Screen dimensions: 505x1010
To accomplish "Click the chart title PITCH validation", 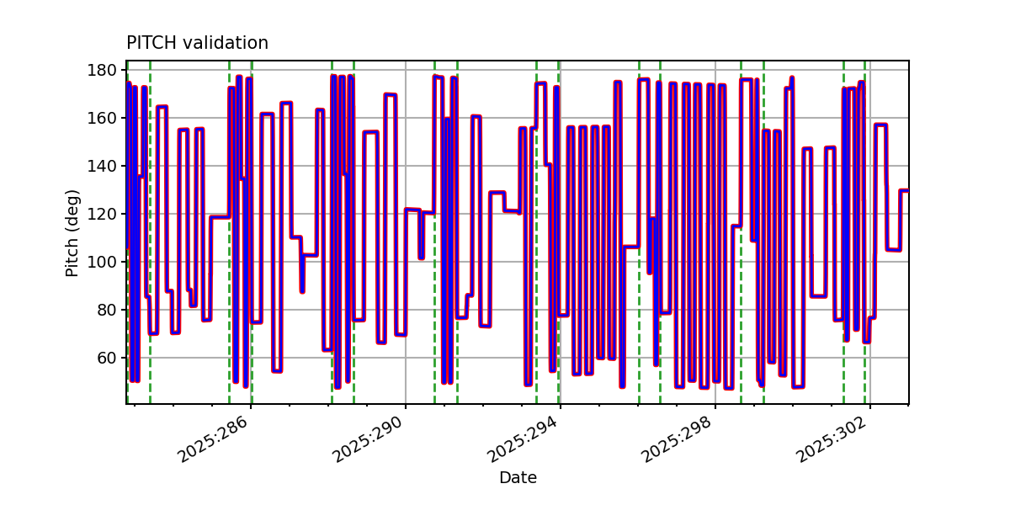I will coord(197,43).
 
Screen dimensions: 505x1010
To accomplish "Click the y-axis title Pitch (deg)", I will coord(73,233).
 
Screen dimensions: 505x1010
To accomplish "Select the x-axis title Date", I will coord(518,478).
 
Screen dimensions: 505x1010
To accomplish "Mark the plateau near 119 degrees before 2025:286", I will coord(219,217).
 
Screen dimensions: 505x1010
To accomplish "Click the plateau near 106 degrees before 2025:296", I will coord(630,247).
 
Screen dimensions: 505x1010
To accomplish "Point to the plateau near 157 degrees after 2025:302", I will coord(880,125).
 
